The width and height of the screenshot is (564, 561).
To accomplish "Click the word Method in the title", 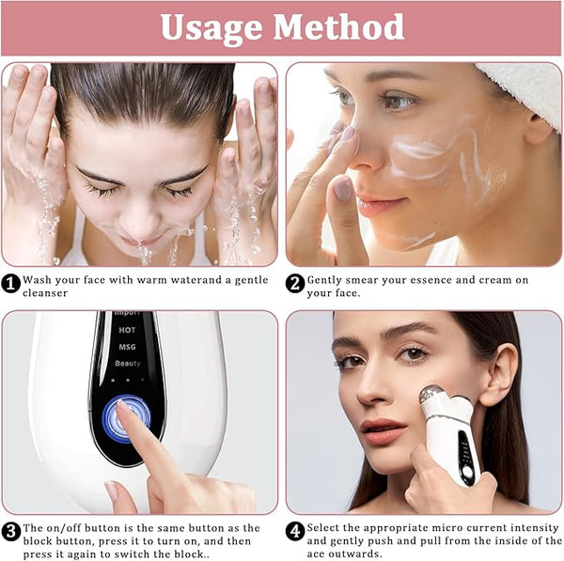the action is point(338,26).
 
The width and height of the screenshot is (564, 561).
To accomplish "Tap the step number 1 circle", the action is point(10,284).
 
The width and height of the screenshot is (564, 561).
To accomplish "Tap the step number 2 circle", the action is point(295,284).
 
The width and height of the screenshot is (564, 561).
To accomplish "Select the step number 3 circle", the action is point(10,532).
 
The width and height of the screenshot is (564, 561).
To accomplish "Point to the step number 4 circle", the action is point(295,532).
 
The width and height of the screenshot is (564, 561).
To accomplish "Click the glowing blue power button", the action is point(126,418).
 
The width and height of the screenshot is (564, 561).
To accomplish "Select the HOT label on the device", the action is point(127,330).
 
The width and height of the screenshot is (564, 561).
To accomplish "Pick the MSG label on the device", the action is point(127,347).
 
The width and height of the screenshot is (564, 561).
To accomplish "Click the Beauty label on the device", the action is point(128,364).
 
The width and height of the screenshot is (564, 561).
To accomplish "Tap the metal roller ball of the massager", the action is point(431,395).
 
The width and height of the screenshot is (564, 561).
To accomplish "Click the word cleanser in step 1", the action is point(45,293).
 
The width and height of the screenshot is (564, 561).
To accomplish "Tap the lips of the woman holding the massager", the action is point(384,430).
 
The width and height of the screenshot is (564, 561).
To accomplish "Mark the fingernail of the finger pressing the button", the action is point(124,406).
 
